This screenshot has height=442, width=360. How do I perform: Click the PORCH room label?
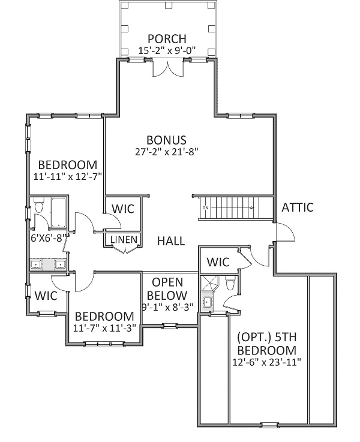[167, 38]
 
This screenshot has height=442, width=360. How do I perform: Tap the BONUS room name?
[166, 140]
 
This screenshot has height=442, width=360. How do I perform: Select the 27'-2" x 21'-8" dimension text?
[167, 152]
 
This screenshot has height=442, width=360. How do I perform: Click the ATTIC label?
[298, 208]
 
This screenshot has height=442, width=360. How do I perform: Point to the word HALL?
[171, 241]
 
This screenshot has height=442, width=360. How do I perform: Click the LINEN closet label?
[124, 240]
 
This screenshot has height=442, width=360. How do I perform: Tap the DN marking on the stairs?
[206, 208]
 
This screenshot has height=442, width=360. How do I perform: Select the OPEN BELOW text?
[167, 288]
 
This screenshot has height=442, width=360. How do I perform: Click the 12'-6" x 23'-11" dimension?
[266, 362]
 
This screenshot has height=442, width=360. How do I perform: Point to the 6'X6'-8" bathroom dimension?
[49, 239]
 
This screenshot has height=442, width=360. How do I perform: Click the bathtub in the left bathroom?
[58, 212]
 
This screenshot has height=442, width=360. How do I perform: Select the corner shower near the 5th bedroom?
[210, 283]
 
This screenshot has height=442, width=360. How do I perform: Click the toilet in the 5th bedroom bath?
[230, 282]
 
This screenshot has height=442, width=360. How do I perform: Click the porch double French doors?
[168, 68]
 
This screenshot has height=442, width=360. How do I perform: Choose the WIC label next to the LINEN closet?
[123, 209]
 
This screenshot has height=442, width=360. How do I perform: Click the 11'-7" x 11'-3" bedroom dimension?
[104, 328]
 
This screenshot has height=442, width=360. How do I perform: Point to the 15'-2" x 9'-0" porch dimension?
[167, 50]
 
